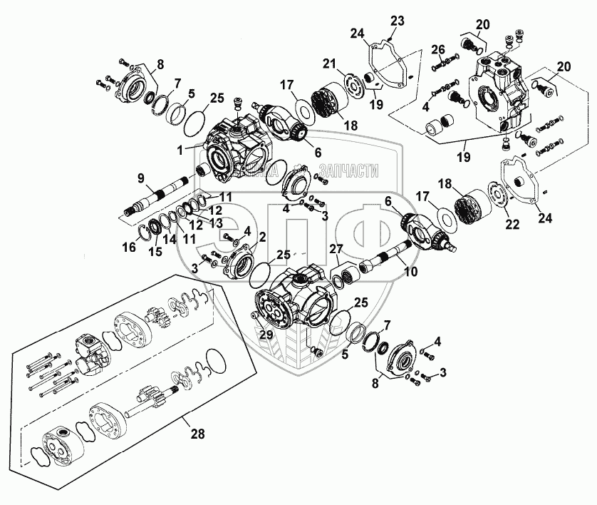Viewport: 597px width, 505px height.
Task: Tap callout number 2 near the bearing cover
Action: point(263,236)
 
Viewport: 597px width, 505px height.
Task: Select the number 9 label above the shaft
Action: point(140,178)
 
